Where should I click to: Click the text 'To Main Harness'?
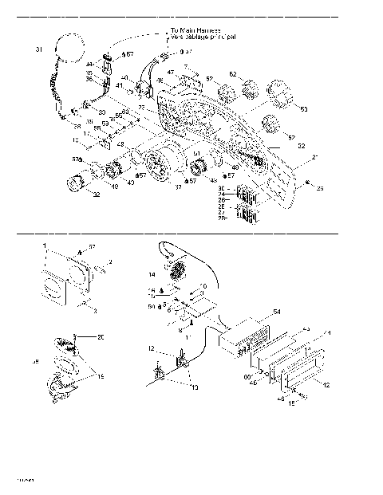pos(196,31)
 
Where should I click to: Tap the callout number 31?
pos(38,50)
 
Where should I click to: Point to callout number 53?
pos(302,108)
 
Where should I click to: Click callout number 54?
pos(277,312)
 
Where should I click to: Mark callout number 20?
pos(101,337)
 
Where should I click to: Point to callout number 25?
pos(298,188)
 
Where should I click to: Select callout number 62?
pos(234,73)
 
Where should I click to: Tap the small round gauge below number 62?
pos(247,86)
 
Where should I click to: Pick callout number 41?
pos(120,85)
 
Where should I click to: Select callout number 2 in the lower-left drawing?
pos(111,261)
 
